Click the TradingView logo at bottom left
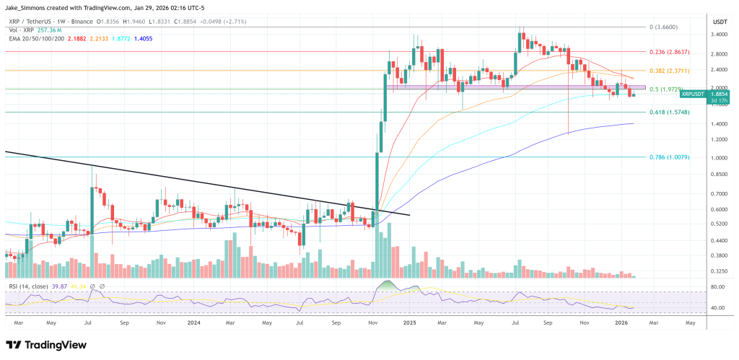(x=43, y=345)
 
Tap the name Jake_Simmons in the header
(x=25, y=8)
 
